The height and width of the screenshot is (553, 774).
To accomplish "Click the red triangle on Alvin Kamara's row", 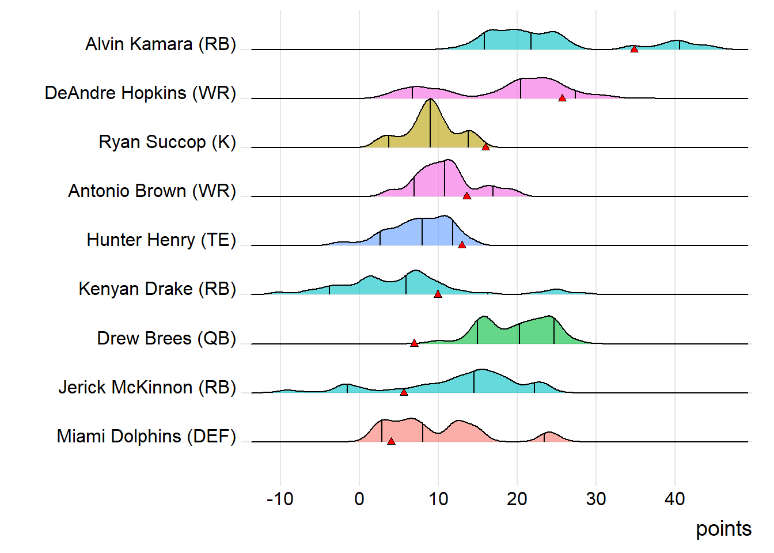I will pyautogui.click(x=634, y=50).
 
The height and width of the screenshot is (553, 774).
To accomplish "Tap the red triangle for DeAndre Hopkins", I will pyautogui.click(x=562, y=98).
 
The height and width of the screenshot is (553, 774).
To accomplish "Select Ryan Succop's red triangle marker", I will pyautogui.click(x=485, y=147).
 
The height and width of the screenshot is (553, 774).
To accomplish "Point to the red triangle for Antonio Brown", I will pyautogui.click(x=467, y=196).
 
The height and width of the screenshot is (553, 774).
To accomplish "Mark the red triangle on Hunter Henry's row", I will pyautogui.click(x=462, y=245).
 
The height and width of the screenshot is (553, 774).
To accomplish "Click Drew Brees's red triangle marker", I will pyautogui.click(x=414, y=343).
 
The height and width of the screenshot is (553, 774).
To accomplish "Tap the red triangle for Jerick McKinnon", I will pyautogui.click(x=404, y=392).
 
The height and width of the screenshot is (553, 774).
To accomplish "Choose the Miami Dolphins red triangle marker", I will pyautogui.click(x=391, y=441).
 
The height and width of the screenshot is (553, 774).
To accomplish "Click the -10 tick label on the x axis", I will pyautogui.click(x=280, y=499).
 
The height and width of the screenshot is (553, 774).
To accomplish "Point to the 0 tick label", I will pyautogui.click(x=359, y=499).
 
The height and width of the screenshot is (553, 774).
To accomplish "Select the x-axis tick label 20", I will pyautogui.click(x=517, y=499).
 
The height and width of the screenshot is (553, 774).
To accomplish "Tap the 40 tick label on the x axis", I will pyautogui.click(x=675, y=499).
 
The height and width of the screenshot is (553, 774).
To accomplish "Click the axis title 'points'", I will pyautogui.click(x=723, y=529).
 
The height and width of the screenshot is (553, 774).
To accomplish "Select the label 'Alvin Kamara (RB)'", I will pyautogui.click(x=161, y=44).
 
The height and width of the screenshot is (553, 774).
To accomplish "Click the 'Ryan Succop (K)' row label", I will pyautogui.click(x=167, y=142).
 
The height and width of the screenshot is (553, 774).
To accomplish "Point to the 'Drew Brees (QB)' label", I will pyautogui.click(x=166, y=338).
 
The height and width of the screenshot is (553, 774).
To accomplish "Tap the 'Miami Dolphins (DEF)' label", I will pyautogui.click(x=146, y=437).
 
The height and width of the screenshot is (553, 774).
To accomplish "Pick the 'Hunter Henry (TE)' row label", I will pyautogui.click(x=161, y=240).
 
